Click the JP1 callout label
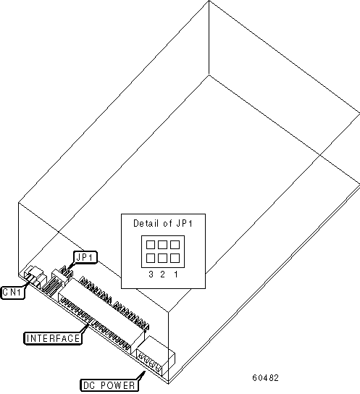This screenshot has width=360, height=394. click(x=85, y=257)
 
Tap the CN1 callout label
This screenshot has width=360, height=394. click(x=13, y=293)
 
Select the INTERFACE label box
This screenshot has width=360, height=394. click(x=53, y=338)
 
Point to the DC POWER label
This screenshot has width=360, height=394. click(x=109, y=385)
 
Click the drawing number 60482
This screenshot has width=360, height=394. click(x=266, y=378)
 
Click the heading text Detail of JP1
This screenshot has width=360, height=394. click(x=163, y=223)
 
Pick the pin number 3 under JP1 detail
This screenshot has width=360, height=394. click(x=151, y=274)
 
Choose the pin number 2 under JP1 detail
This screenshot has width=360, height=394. click(x=162, y=274)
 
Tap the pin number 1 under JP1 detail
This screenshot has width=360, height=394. click(x=176, y=274)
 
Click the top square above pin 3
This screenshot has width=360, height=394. click(x=151, y=245)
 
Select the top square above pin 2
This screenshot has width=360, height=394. click(x=162, y=245)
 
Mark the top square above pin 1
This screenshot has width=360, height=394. click(x=175, y=245)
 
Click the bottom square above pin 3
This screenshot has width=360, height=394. click(x=151, y=258)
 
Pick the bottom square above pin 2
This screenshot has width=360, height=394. click(x=162, y=258)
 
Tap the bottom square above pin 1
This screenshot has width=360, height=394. click(x=175, y=258)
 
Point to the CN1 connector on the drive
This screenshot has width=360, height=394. click(x=35, y=277)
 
